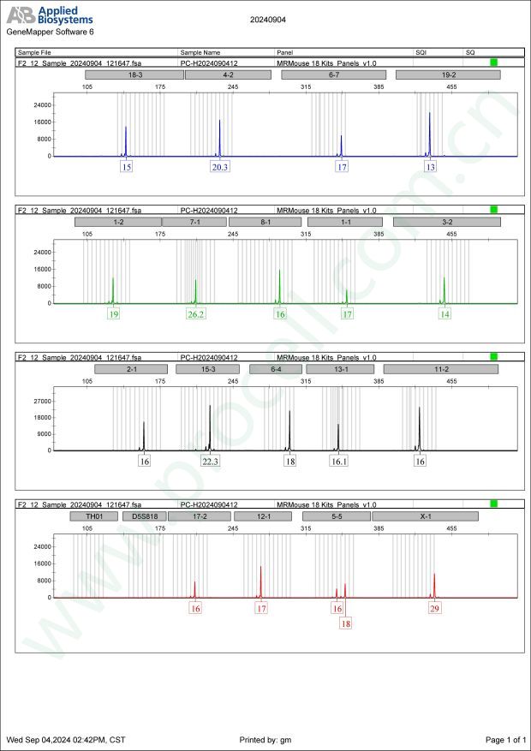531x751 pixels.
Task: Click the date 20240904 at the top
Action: point(267,18)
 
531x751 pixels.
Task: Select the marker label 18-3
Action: point(134,75)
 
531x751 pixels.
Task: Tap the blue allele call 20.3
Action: point(220,167)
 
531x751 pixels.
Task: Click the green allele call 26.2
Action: point(196,314)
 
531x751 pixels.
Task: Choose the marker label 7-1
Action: point(194,223)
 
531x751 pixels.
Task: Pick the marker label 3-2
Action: point(447,223)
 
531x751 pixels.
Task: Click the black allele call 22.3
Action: point(211,462)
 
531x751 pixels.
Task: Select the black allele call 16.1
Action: point(339,462)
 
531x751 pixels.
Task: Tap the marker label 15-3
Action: point(207,369)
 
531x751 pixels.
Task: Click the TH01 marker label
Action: point(93,516)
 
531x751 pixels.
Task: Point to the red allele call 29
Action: point(435,609)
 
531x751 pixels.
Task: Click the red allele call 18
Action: point(346,624)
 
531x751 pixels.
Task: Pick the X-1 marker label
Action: point(425,516)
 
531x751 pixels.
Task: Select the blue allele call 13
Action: point(430,167)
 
